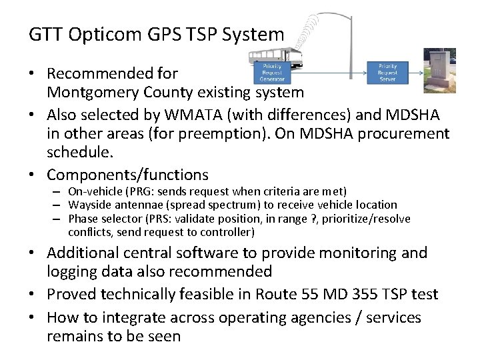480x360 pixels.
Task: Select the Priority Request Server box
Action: pyautogui.click(x=387, y=72)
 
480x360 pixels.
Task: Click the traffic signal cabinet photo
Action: pyautogui.click(x=440, y=70)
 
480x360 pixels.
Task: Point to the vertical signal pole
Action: pyautogui.click(x=351, y=40)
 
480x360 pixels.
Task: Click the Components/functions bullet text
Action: pyautogui.click(x=127, y=175)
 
